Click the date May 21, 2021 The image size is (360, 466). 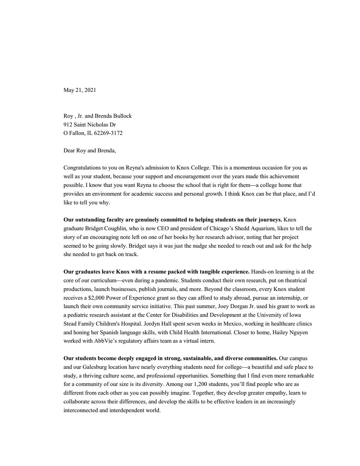tap(80, 90)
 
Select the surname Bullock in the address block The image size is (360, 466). tap(122, 116)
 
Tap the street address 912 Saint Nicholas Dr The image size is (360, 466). tap(90, 125)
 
